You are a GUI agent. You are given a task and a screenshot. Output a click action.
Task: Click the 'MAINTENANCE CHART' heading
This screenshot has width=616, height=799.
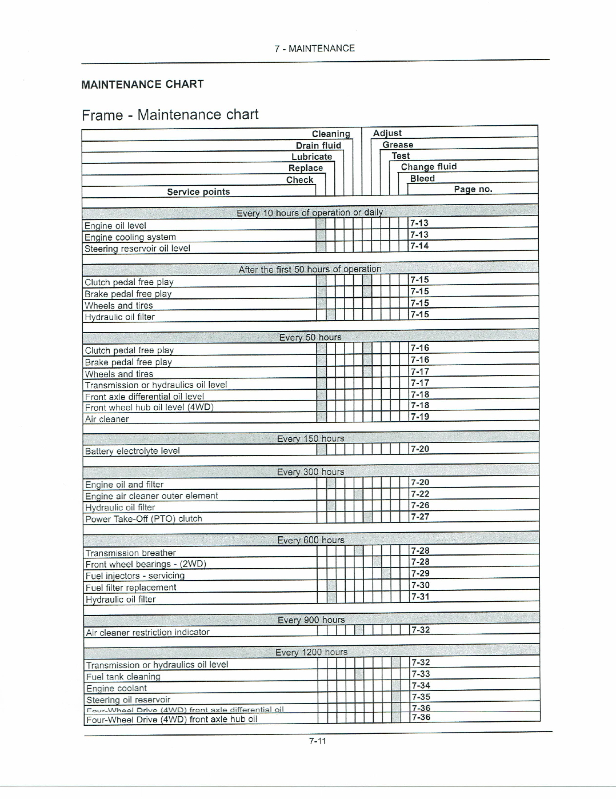[x=142, y=85]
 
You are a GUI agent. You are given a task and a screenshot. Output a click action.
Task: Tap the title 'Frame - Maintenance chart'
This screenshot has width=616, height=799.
[x=170, y=115]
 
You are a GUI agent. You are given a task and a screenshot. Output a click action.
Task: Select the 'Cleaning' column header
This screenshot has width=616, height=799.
[x=331, y=134]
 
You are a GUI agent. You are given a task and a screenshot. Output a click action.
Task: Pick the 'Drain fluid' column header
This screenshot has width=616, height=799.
[x=318, y=145]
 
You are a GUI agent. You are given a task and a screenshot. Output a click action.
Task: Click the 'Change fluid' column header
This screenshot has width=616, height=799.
[x=429, y=167]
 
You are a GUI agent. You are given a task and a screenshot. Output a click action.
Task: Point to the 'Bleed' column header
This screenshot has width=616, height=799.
[x=422, y=178]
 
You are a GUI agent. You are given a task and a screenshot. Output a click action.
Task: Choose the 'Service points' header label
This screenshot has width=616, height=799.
[x=198, y=192]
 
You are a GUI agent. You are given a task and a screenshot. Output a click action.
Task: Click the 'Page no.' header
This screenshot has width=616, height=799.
[x=473, y=189]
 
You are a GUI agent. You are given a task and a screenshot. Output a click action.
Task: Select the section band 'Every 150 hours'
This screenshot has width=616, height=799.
[x=310, y=439]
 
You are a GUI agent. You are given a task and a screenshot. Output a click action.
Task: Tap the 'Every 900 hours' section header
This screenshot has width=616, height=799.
[x=311, y=620]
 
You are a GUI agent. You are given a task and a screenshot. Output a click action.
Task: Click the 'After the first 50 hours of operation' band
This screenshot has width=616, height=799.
[x=310, y=269]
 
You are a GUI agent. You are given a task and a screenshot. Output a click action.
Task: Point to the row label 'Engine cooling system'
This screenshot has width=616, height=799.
[x=130, y=237]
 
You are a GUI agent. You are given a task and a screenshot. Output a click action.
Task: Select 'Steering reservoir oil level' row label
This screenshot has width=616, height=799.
[x=137, y=249]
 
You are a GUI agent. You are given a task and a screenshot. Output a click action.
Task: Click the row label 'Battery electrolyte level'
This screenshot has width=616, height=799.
[x=132, y=451]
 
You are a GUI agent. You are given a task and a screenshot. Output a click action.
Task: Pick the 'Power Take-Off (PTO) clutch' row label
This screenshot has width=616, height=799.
[x=143, y=519]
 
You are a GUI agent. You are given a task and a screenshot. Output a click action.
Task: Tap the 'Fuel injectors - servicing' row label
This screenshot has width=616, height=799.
[x=135, y=576]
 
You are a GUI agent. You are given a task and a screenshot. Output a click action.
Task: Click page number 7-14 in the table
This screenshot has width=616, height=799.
[x=419, y=246]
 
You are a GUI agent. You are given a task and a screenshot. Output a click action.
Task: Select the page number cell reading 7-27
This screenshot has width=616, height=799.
[x=420, y=517]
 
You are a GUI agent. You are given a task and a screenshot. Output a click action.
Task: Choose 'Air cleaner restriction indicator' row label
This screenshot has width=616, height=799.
[x=147, y=633]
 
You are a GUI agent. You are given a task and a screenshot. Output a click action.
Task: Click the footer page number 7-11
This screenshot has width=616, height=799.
[x=317, y=741]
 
